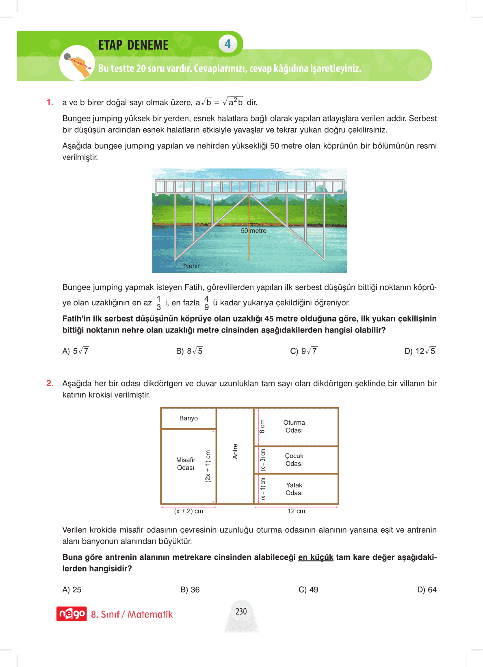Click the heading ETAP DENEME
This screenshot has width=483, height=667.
tap(133, 45)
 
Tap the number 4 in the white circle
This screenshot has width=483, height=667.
tap(227, 44)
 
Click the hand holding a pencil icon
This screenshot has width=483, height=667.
tap(77, 63)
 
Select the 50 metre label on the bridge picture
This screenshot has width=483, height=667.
tap(253, 231)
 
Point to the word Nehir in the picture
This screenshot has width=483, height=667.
tap(192, 266)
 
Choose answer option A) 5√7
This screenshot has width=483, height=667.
tap(76, 351)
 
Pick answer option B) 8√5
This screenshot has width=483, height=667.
tap(189, 351)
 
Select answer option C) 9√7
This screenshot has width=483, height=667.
tap(303, 351)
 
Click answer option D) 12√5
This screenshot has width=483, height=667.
tap(420, 351)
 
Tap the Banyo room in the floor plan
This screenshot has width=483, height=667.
tap(188, 418)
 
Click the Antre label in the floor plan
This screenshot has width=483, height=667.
tap(235, 451)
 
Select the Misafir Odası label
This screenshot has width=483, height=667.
tap(186, 464)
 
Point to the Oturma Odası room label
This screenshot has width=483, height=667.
tap(294, 426)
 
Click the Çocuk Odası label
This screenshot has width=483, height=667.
tap(294, 460)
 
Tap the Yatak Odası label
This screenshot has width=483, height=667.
tap(294, 489)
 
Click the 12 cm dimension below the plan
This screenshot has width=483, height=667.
tap(296, 511)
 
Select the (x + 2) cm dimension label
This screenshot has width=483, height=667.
tap(188, 511)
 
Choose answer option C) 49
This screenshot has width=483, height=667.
tap(308, 590)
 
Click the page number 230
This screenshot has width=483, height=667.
tap(241, 611)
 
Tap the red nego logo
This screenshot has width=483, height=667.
tap(71, 614)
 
